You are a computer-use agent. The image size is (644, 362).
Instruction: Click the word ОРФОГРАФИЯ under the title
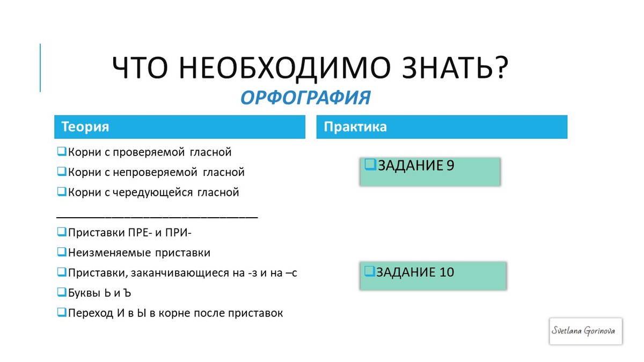pos(305,98)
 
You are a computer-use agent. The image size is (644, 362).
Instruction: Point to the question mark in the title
pos(500,69)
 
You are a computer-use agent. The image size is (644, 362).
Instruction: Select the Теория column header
pos(179,127)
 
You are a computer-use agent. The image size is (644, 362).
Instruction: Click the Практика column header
pos(441,127)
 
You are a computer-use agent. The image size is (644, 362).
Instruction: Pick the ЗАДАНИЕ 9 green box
pos(430,172)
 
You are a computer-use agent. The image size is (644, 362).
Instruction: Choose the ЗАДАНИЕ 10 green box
pos(433,276)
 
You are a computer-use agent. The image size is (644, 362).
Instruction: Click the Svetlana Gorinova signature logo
pos(586,330)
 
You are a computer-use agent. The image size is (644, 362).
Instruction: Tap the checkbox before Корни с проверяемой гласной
pos(61,152)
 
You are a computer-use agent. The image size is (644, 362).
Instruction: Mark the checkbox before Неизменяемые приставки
pos(61,252)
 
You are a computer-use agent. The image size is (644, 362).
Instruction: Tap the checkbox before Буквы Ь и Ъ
pos(61,293)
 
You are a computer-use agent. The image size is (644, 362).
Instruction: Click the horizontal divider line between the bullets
pos(157,217)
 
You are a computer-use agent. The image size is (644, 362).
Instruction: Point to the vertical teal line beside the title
pos(40,68)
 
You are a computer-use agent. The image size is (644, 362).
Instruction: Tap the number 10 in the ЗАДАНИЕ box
pos(447,272)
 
